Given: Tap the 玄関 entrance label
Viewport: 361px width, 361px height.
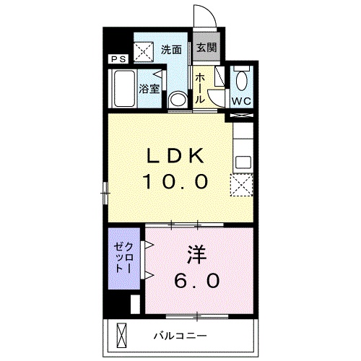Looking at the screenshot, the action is (206, 48).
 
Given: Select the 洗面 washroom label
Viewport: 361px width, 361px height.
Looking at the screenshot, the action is (171, 50).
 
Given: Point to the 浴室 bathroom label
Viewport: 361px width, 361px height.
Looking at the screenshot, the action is (149, 89).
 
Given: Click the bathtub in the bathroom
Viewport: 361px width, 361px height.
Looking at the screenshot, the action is (124, 88).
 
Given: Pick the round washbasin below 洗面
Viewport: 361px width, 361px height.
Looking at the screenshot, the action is (178, 100).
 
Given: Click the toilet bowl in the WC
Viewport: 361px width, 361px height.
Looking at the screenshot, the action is (242, 79).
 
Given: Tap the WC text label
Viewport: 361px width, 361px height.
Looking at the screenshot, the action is (241, 101).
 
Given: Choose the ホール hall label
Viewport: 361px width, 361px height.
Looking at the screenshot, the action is (200, 88).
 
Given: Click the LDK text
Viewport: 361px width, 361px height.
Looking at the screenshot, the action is (175, 156).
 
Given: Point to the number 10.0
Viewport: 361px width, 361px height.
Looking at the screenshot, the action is (175, 181).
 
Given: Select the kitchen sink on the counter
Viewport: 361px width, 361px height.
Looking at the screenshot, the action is (243, 162).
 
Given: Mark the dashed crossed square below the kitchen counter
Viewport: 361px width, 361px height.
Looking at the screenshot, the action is (241, 185).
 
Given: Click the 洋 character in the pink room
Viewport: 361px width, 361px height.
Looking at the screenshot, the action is (197, 254).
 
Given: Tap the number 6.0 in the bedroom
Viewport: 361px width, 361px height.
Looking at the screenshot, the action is (197, 281).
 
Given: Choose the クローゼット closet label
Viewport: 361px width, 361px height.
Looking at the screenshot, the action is (123, 257).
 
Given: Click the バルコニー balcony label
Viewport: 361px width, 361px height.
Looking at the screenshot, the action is (180, 335).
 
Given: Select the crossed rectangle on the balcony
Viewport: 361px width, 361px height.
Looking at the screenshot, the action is (121, 334).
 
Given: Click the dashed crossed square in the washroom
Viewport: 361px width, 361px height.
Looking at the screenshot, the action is (144, 52).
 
